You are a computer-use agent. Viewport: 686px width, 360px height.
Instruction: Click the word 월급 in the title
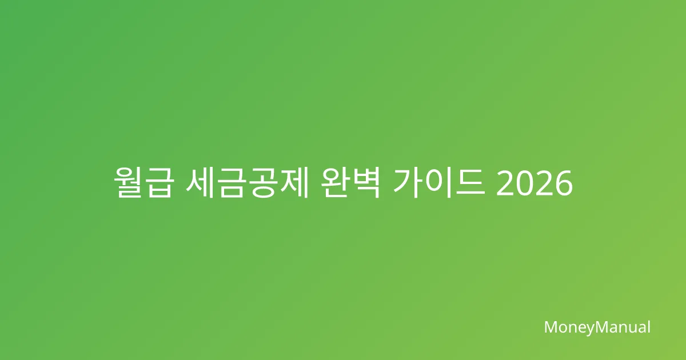click(143, 183)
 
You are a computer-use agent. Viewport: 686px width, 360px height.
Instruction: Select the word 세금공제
click(247, 183)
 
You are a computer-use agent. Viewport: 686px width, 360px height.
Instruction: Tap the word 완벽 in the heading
click(350, 183)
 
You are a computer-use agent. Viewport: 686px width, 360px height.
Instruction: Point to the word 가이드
click(439, 183)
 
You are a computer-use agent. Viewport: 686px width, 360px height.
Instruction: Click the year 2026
click(535, 183)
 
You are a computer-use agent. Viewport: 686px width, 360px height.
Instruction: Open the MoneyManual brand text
click(597, 327)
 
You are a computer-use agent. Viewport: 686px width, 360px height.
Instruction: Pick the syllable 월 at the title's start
click(128, 183)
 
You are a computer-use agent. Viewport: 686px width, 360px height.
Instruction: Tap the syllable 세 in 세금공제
click(200, 183)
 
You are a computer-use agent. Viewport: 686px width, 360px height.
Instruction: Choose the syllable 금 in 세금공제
click(232, 183)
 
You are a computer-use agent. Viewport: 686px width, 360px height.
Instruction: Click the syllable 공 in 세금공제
click(262, 183)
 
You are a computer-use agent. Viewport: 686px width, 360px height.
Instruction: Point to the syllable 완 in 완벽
click(336, 183)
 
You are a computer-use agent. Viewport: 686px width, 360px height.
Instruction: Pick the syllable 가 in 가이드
click(408, 183)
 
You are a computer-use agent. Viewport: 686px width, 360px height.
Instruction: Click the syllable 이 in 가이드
click(439, 183)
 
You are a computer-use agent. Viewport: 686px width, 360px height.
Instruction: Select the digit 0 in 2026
click(525, 183)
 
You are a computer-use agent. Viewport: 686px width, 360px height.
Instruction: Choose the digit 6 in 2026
click(563, 183)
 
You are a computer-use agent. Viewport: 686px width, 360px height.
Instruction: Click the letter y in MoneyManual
click(589, 329)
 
